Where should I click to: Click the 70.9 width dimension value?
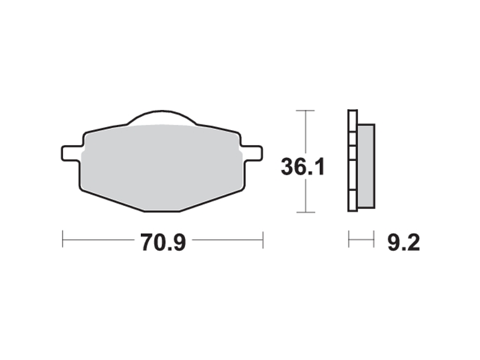162,242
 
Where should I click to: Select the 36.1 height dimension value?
303,167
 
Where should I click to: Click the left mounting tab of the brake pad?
71,153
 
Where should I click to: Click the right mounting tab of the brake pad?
251,153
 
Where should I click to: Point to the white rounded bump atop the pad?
162,119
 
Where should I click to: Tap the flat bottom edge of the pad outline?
162,210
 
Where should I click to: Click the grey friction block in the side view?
366,165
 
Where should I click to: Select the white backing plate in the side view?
352,161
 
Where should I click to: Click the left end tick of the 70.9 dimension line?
63,239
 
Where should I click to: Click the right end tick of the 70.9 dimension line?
263,239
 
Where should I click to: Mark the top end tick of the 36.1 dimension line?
306,111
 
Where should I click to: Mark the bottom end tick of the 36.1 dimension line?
306,212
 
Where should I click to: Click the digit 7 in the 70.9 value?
147,242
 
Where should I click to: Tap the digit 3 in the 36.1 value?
287,167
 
